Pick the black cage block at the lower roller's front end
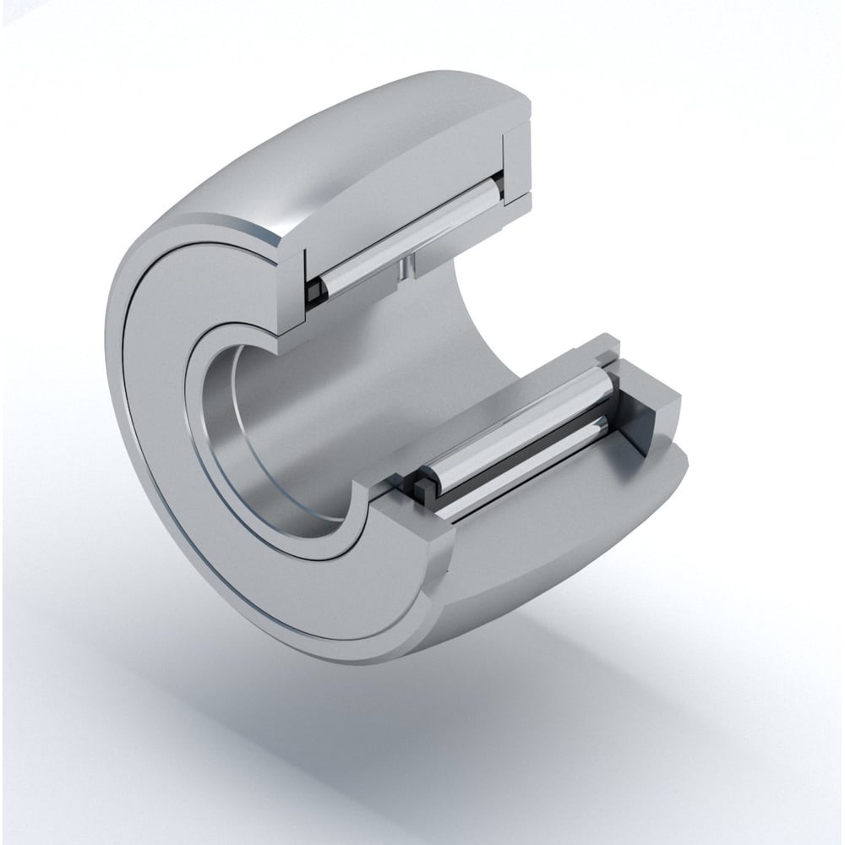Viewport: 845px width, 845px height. pyautogui.click(x=420, y=489)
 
